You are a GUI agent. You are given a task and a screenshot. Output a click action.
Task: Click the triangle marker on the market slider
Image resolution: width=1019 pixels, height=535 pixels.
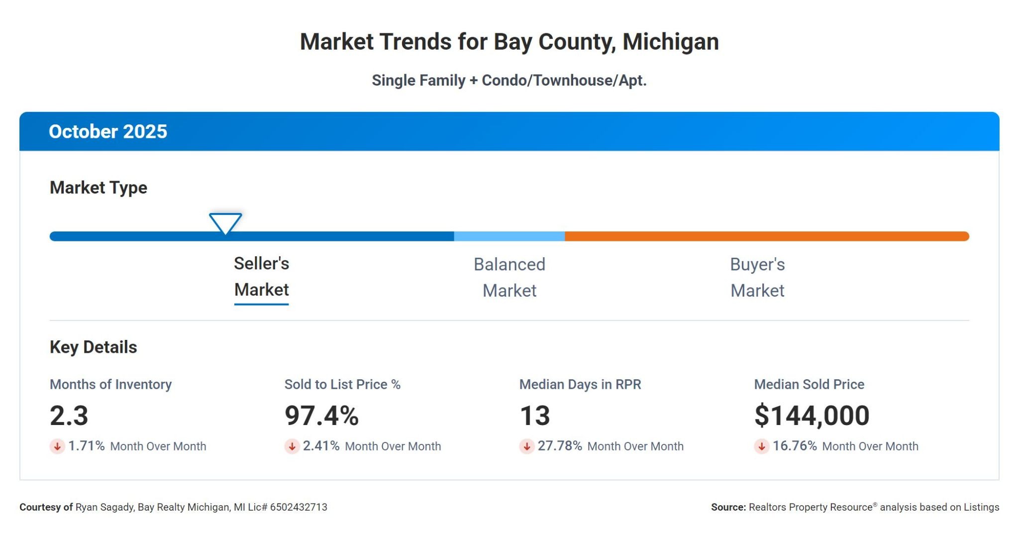[x=225, y=222]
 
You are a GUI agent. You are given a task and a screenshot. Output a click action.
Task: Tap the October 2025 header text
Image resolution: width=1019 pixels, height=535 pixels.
[x=108, y=131]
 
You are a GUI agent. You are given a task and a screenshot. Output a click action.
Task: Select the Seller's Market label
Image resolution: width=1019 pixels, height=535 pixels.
[x=261, y=277]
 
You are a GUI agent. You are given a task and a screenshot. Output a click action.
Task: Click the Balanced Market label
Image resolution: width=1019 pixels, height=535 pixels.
[x=509, y=277]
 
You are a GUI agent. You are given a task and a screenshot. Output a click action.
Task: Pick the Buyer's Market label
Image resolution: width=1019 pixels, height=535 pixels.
[x=757, y=277]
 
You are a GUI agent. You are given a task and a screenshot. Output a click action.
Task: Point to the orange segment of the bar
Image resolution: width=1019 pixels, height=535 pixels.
[x=766, y=236]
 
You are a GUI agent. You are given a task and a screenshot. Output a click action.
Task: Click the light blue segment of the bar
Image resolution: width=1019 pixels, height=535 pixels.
[x=509, y=236]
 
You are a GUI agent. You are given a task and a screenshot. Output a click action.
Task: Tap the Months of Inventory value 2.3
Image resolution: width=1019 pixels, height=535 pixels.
[x=69, y=416]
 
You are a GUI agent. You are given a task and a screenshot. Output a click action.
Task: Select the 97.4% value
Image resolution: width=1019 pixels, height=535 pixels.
[x=321, y=416]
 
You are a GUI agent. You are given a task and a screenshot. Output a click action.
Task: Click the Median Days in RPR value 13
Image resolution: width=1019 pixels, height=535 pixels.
[x=535, y=416]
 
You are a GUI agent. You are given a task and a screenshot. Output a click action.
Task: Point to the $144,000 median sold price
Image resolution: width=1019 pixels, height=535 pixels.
[x=812, y=416]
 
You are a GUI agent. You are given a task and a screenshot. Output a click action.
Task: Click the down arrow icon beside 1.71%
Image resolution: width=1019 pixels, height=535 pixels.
[x=57, y=446]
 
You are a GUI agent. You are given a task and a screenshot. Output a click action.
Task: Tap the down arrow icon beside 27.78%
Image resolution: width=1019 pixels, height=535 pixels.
[x=526, y=446]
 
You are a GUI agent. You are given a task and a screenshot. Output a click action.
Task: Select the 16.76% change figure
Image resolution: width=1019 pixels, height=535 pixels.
[x=795, y=446]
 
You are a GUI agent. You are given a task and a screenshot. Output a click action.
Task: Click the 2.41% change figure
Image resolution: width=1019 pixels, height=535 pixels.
[x=321, y=446]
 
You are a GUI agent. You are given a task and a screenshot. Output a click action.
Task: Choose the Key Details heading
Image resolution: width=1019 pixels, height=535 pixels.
[x=94, y=347]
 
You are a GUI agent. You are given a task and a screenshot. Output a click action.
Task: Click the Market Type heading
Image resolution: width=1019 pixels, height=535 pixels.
[x=99, y=188]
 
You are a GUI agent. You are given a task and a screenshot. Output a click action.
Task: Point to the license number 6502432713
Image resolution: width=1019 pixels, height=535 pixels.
[x=299, y=507]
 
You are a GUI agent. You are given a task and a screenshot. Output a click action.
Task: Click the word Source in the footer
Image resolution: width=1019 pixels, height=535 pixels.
[x=728, y=507]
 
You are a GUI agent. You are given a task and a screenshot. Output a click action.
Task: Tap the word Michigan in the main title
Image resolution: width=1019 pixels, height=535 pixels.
[x=670, y=42]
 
